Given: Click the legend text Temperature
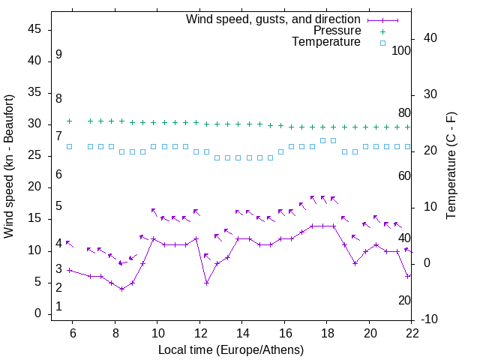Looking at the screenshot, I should click(326, 42).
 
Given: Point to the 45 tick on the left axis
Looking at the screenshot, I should click(34, 29).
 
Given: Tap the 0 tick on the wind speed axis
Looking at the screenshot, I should click(37, 313).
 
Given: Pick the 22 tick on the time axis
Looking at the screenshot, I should click(412, 333).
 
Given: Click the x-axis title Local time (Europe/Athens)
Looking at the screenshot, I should click(231, 349).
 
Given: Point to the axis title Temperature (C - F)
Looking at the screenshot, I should click(451, 166).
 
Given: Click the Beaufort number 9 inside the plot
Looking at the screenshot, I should click(58, 55).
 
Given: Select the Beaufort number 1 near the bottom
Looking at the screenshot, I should click(58, 307).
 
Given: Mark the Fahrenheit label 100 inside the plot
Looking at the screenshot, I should click(401, 51).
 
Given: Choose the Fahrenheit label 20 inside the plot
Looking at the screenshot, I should click(404, 300).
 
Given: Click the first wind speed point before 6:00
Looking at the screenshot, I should click(70, 270).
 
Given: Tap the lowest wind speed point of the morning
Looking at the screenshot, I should click(122, 289).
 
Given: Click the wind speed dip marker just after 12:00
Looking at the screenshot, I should click(206, 283).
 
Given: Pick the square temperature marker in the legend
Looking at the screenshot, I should click(382, 43).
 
